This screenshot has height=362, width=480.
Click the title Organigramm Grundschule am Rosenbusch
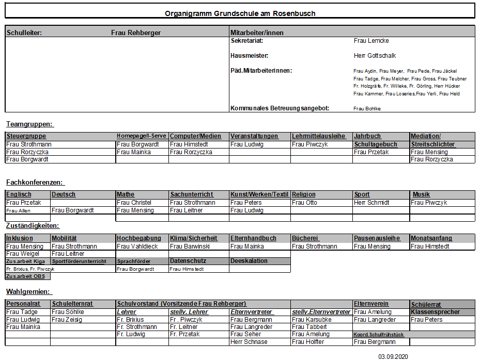click(x=240, y=13)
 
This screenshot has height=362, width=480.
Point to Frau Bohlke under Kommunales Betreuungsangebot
click(x=367, y=109)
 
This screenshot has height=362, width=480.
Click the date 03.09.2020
click(x=393, y=356)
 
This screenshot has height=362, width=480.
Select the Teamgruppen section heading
click(x=30, y=124)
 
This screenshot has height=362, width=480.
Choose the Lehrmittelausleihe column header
click(x=318, y=136)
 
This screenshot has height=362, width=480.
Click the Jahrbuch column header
click(x=367, y=136)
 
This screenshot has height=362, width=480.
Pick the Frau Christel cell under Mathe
click(x=134, y=203)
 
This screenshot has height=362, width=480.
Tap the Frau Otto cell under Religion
click(x=304, y=203)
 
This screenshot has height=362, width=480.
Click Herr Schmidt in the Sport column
click(x=371, y=203)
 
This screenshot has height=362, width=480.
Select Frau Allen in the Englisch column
click(x=16, y=211)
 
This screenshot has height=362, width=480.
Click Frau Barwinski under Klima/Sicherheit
click(x=190, y=246)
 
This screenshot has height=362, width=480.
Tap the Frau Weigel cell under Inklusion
click(x=23, y=254)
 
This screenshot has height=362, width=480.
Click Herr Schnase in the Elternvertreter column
click(x=249, y=342)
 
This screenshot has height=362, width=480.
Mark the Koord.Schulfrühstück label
click(x=378, y=334)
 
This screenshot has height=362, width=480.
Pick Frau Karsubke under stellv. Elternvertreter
click(x=312, y=320)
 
